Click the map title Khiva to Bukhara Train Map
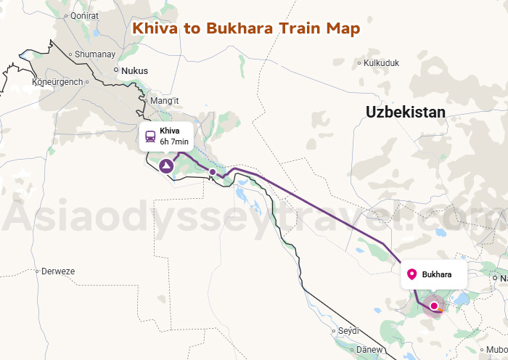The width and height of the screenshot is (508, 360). pyautogui.click(x=245, y=28)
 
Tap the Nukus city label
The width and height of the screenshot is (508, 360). pyautogui.click(x=134, y=71)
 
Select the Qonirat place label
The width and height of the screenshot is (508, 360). pyautogui.click(x=84, y=36)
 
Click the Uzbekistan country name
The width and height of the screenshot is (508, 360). pyautogui.click(x=405, y=112)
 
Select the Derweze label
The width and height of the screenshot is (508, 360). pyautogui.click(x=59, y=271)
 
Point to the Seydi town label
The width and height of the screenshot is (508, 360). pyautogui.click(x=349, y=330)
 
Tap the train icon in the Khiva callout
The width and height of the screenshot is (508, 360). pyautogui.click(x=150, y=136)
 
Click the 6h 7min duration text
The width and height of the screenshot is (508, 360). pyautogui.click(x=174, y=142)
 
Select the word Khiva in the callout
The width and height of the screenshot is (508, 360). pyautogui.click(x=170, y=131)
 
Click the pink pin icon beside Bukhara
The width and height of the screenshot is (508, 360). pyautogui.click(x=412, y=274)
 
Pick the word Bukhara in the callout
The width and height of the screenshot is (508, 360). pyautogui.click(x=437, y=274)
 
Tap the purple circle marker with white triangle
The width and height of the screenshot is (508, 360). pyautogui.click(x=167, y=167)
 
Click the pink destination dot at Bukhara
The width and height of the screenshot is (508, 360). pyautogui.click(x=434, y=306)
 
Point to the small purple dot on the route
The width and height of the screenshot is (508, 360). pyautogui.click(x=212, y=172)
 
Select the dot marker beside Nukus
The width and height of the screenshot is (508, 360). pyautogui.click(x=116, y=70)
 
